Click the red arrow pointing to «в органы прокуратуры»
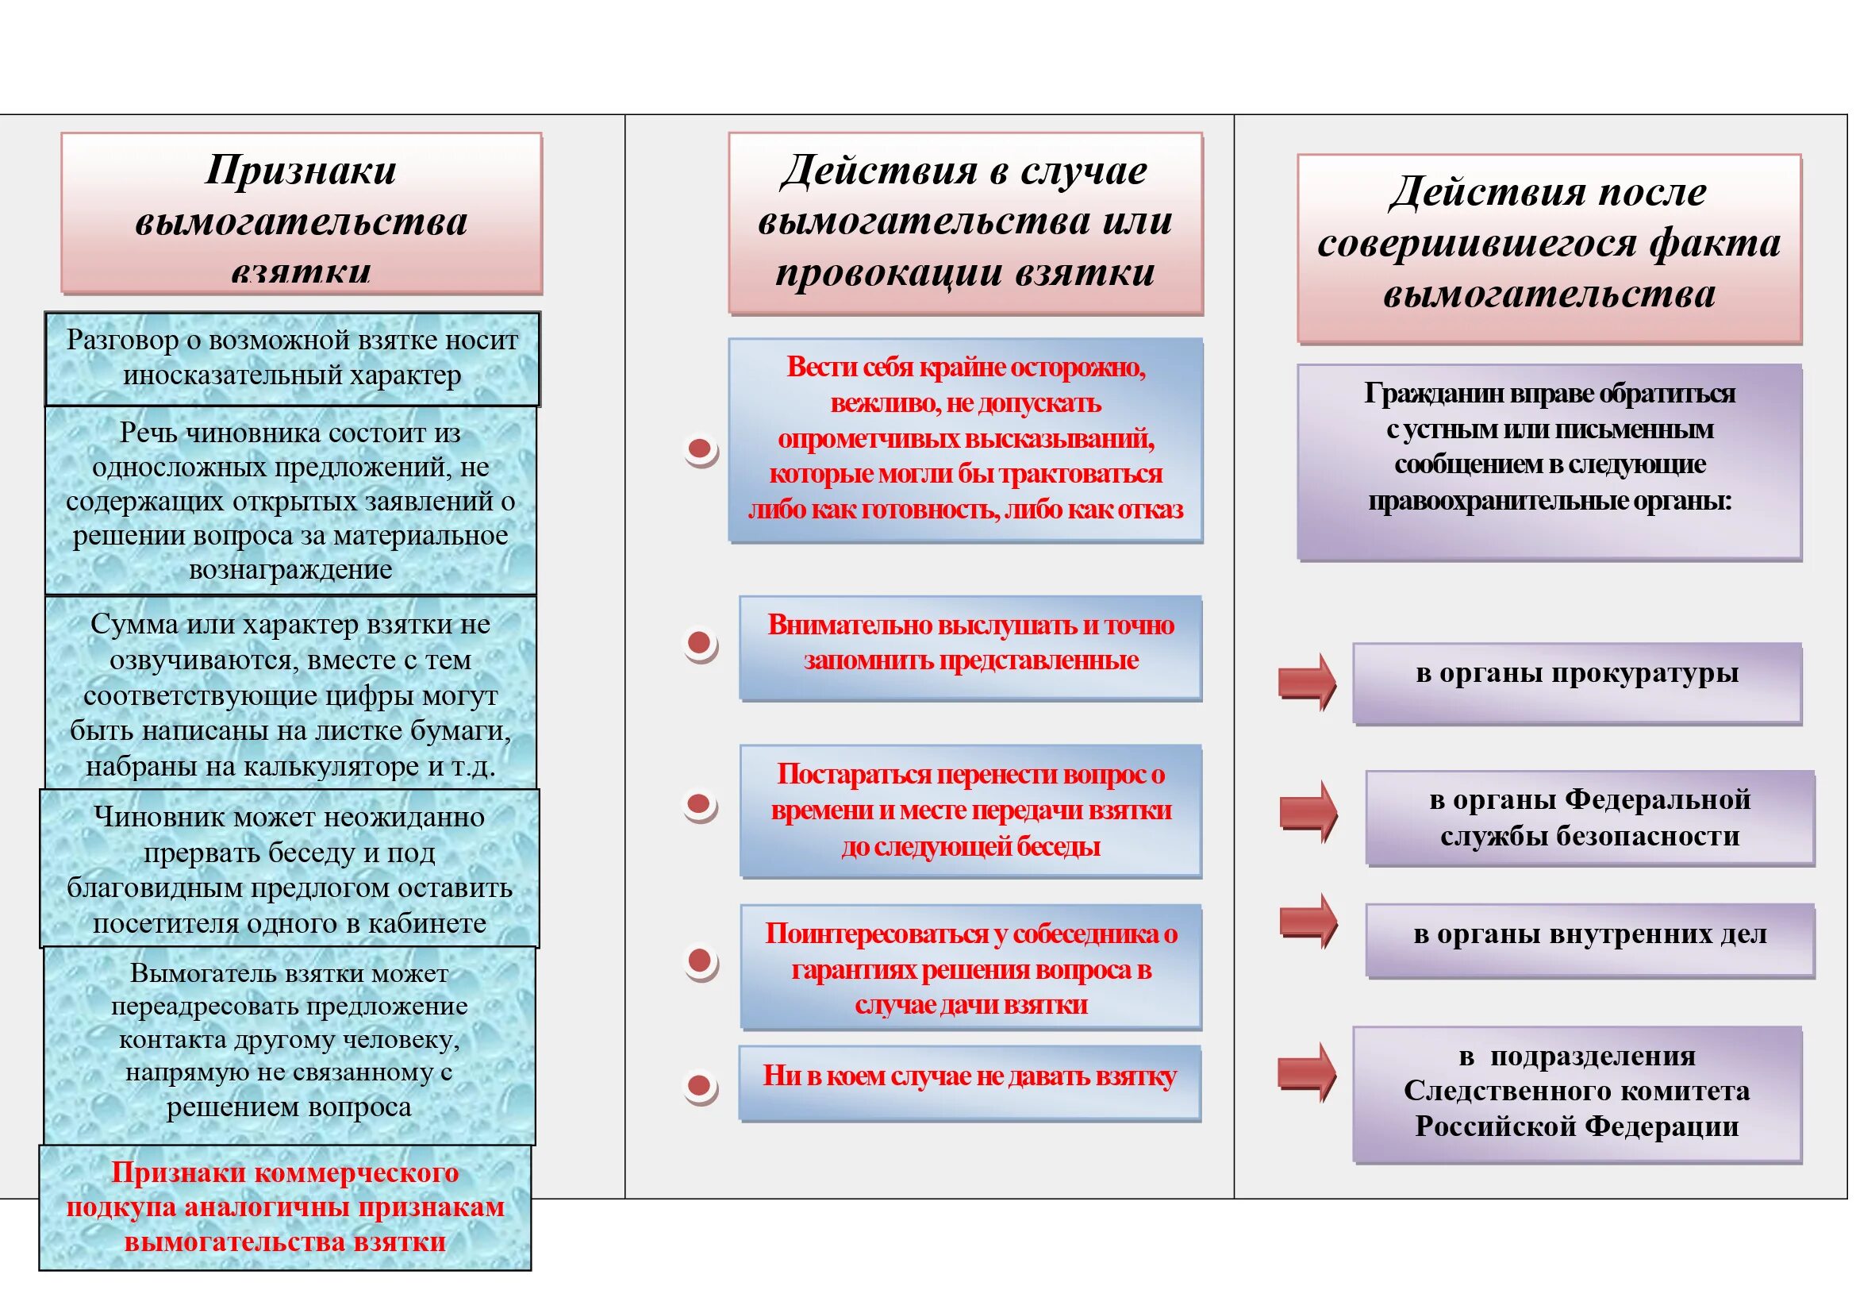point(1306,681)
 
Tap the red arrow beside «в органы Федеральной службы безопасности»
point(1308,811)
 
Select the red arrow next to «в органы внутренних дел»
point(1308,921)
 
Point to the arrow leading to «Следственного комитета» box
point(1306,1072)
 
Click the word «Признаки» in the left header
point(301,170)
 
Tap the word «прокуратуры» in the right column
point(1648,672)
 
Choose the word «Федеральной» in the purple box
point(1658,799)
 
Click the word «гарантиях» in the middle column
point(853,969)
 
